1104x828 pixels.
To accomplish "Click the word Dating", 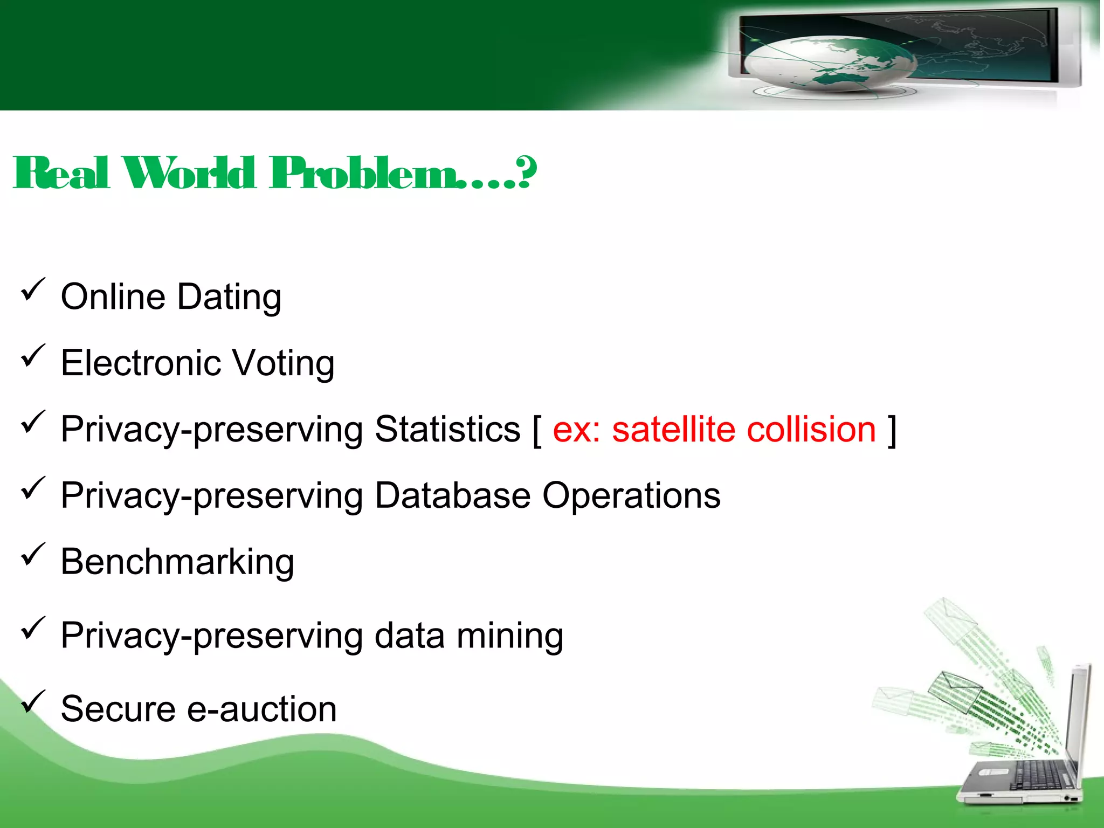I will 229,297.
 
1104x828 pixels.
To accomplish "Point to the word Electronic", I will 141,363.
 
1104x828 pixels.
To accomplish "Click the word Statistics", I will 447,430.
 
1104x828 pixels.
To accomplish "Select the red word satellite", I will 673,430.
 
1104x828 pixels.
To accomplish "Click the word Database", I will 452,495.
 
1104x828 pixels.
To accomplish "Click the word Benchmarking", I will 177,562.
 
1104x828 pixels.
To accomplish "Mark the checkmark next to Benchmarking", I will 32,555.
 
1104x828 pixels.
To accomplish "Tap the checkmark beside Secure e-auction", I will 32,702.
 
